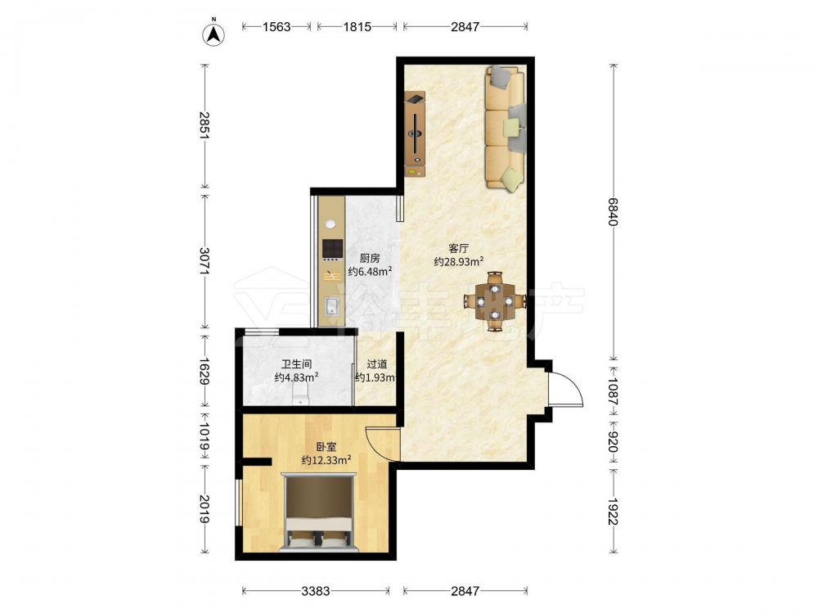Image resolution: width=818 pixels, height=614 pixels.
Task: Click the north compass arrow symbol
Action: pyautogui.click(x=213, y=34)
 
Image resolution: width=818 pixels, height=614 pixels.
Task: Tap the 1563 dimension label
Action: pyautogui.click(x=276, y=27)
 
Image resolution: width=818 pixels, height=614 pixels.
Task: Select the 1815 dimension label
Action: pyautogui.click(x=357, y=27)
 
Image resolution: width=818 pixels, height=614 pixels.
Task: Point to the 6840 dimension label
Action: pyautogui.click(x=613, y=211)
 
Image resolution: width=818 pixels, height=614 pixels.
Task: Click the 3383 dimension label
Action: pyautogui.click(x=316, y=591)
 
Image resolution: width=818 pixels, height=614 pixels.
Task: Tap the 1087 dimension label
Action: pyautogui.click(x=613, y=391)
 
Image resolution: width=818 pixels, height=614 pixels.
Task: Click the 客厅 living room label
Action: pyautogui.click(x=459, y=248)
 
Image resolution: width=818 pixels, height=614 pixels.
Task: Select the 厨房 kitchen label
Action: pyautogui.click(x=370, y=258)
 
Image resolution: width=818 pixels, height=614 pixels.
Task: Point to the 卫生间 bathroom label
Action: pyautogui.click(x=296, y=364)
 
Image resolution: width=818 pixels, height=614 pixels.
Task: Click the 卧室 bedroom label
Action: pyautogui.click(x=326, y=447)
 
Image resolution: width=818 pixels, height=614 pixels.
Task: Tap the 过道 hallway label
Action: pyautogui.click(x=376, y=364)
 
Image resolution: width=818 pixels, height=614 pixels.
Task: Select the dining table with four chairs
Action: pyautogui.click(x=495, y=301)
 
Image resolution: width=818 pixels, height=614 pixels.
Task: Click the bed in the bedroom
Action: pyautogui.click(x=319, y=512)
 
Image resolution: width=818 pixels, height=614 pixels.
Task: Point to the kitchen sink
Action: pyautogui.click(x=332, y=306)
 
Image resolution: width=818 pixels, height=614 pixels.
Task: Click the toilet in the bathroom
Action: pyautogui.click(x=301, y=395)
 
